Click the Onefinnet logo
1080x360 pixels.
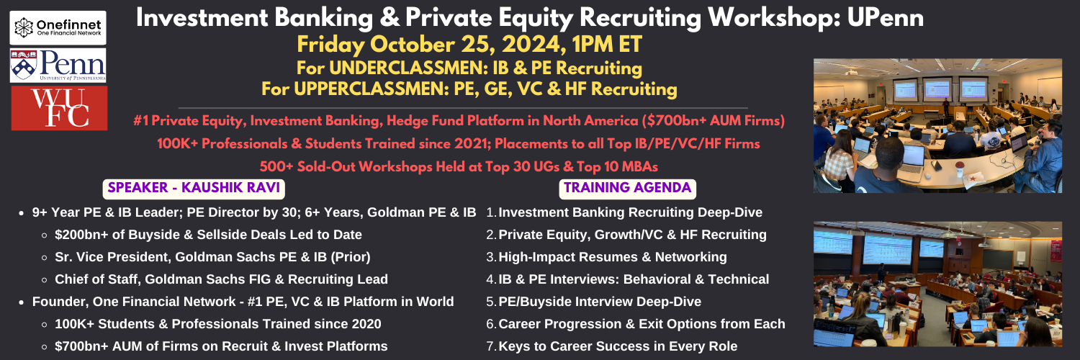(x=58, y=28)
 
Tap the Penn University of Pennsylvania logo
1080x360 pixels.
(x=58, y=66)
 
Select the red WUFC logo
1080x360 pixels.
(x=59, y=108)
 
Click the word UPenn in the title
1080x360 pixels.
(x=886, y=18)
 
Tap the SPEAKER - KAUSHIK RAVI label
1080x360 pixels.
(x=194, y=188)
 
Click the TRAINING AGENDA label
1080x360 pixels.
(x=627, y=188)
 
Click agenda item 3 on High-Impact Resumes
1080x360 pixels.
(x=606, y=257)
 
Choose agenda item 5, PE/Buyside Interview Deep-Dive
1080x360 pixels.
(x=593, y=302)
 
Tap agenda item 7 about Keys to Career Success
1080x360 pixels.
(x=612, y=346)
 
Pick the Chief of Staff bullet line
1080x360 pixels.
(x=221, y=279)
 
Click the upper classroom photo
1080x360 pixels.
(x=937, y=126)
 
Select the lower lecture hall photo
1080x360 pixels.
(x=937, y=284)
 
